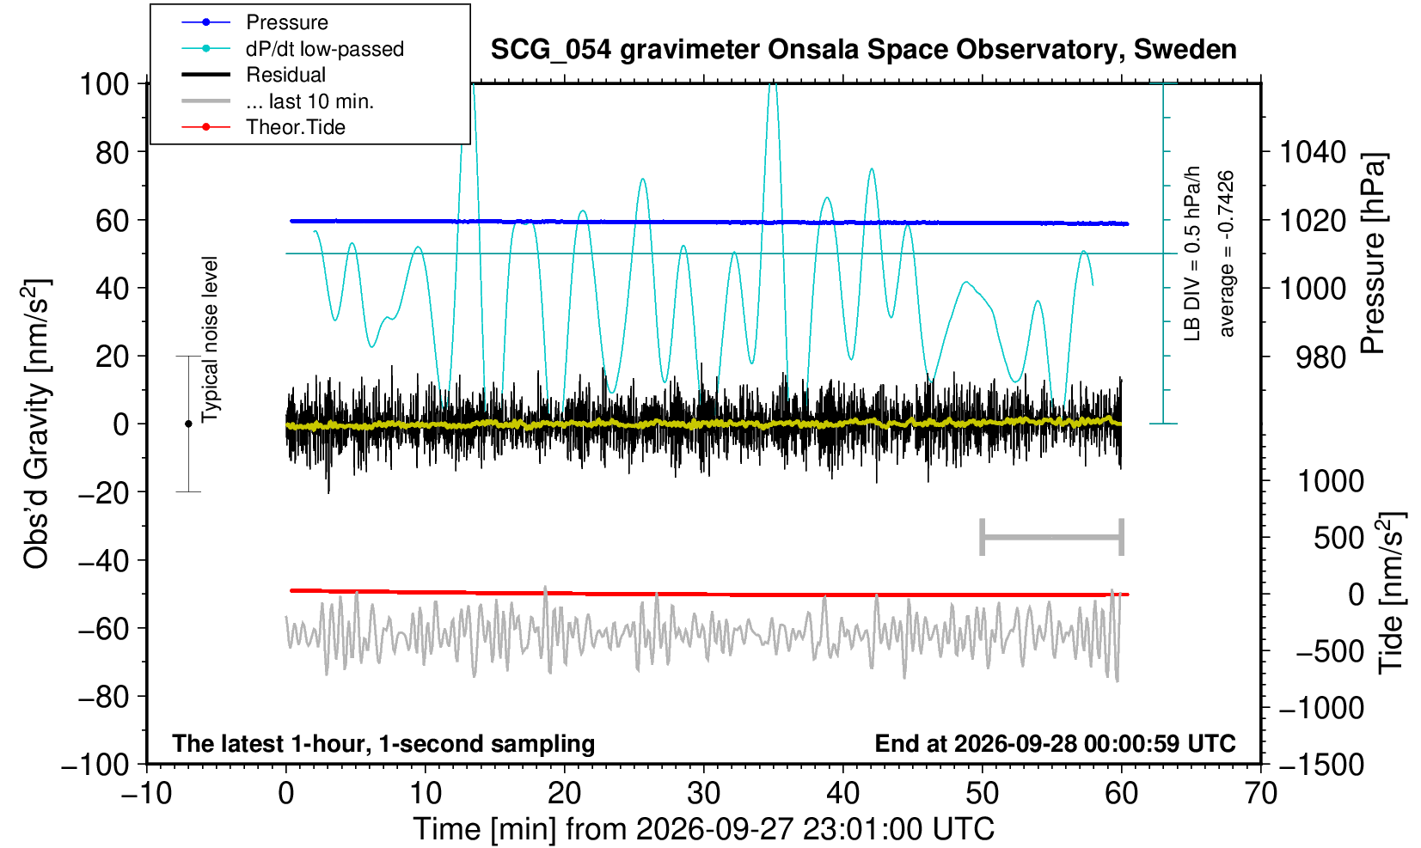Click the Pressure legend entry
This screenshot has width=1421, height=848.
click(x=255, y=22)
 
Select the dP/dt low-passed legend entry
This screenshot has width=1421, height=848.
click(x=292, y=49)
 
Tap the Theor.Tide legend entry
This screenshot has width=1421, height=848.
click(x=263, y=127)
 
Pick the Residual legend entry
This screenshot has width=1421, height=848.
click(x=254, y=75)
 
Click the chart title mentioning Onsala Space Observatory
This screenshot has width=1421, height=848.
click(x=863, y=50)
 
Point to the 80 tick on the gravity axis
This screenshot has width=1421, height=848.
click(x=113, y=152)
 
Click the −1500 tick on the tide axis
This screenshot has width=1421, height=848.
click(x=1321, y=765)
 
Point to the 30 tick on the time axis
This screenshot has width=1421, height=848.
click(x=703, y=794)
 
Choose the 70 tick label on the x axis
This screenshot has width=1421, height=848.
click(x=1260, y=794)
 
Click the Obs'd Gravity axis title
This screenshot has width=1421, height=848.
click(x=36, y=424)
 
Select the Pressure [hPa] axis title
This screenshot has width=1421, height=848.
click(x=1374, y=253)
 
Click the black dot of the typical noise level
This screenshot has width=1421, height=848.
click(x=188, y=424)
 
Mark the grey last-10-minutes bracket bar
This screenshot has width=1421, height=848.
click(x=1052, y=537)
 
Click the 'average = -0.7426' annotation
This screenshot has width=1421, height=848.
click(x=1226, y=253)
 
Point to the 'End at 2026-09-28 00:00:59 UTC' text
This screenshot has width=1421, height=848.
click(x=1055, y=743)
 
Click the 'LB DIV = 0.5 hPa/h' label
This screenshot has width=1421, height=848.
click(x=1192, y=253)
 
